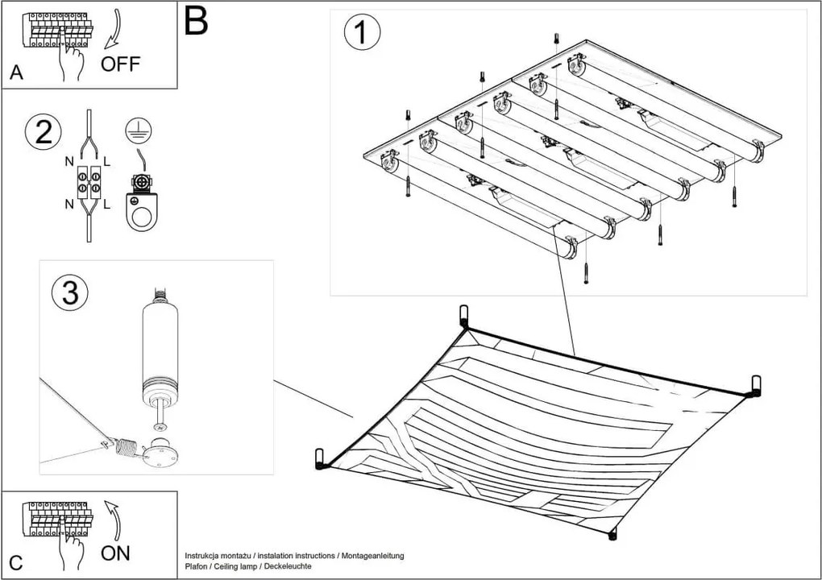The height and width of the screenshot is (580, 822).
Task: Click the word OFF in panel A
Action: click(120, 64)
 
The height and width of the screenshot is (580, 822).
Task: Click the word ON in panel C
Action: click(116, 553)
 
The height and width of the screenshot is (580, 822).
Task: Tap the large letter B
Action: click(196, 22)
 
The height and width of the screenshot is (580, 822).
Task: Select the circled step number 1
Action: click(362, 32)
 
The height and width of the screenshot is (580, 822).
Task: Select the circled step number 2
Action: click(44, 132)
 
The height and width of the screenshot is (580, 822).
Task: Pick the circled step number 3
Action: click(70, 293)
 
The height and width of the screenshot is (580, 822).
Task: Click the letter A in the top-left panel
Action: click(17, 73)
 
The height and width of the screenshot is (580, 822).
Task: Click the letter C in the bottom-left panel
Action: click(17, 561)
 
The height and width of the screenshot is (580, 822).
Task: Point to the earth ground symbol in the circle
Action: click(139, 130)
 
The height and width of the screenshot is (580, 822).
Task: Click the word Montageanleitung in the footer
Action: click(372, 556)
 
